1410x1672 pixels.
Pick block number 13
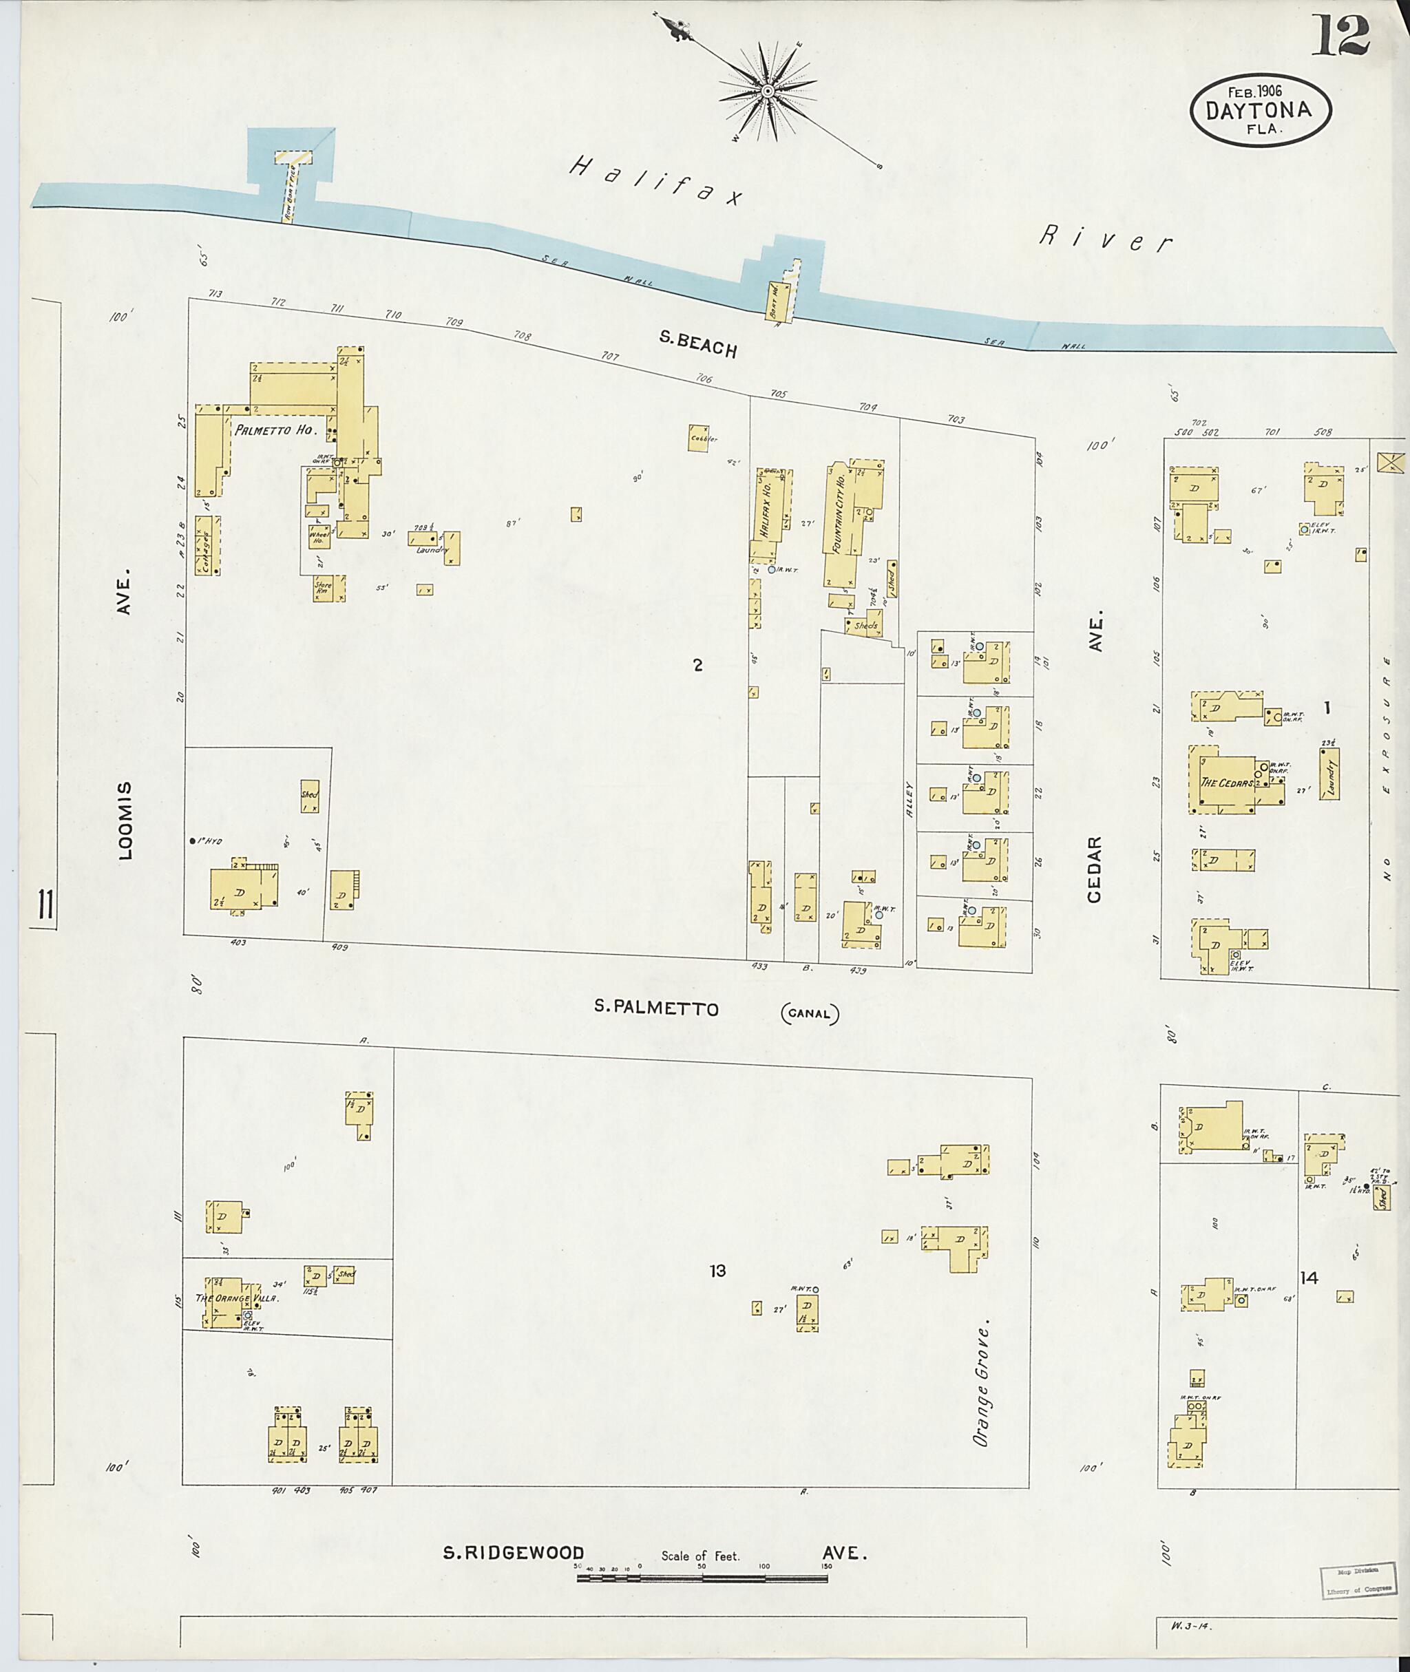717,1270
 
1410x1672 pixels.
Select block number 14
1309,1278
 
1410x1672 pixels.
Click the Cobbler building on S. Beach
699,438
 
